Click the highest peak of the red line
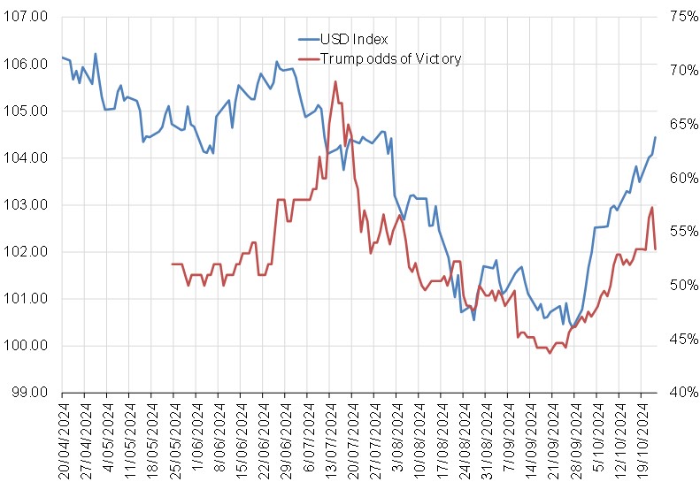(335, 81)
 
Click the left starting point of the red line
(172, 264)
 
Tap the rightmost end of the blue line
(655, 137)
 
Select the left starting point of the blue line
(62, 57)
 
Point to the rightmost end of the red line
(655, 249)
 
